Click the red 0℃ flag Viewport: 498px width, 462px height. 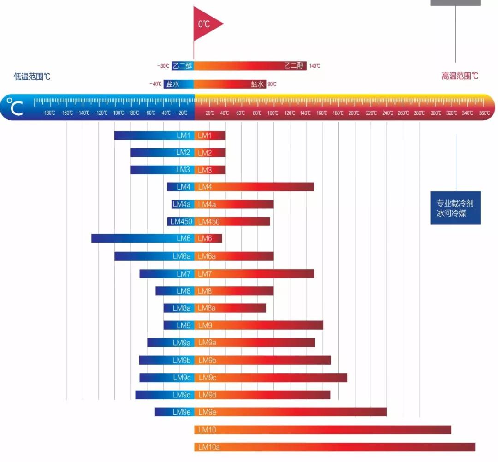point(206,24)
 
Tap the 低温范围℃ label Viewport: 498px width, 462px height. point(32,77)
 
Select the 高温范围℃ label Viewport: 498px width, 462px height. point(460,76)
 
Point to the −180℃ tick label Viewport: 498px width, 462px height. point(48,113)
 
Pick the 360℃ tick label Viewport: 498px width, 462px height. point(484,113)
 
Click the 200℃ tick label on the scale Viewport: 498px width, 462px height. point(354,113)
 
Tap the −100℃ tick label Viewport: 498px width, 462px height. point(117,113)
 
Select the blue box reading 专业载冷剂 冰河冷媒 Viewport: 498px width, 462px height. point(456,208)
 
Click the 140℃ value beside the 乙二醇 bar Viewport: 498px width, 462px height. point(314,66)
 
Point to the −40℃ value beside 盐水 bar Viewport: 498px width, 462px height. point(155,84)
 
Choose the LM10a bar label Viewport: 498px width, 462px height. point(209,447)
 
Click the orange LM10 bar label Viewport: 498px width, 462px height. point(207,430)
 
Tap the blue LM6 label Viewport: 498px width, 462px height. point(184,238)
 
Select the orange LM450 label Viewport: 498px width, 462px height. point(209,221)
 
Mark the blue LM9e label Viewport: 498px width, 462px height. point(182,412)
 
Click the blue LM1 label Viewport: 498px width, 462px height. point(184,136)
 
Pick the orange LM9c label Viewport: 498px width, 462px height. point(207,378)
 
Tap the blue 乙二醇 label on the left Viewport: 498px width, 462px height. point(182,66)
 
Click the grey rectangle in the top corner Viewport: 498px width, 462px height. point(456,2)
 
